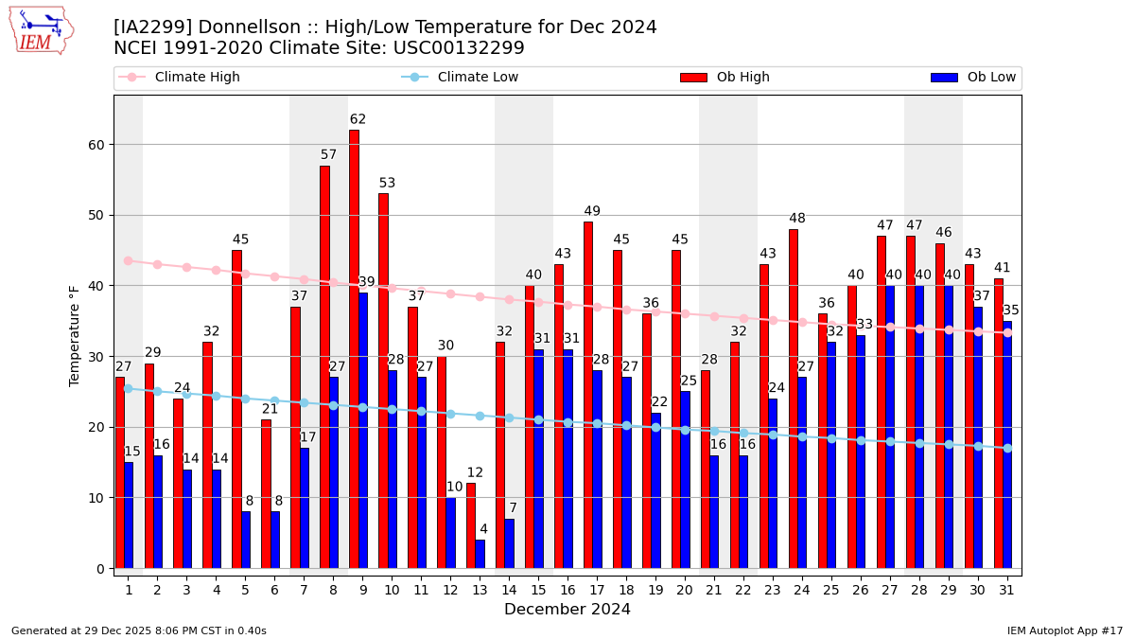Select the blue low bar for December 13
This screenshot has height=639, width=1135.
point(480,554)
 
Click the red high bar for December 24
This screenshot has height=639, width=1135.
point(793,399)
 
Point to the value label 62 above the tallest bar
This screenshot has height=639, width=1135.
point(358,120)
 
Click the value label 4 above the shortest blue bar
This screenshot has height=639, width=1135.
point(483,529)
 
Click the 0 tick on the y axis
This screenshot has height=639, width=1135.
point(99,568)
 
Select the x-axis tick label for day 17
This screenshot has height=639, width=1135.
point(597,589)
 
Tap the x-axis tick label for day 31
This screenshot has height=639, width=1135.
point(1006,589)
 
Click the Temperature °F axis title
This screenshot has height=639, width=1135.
point(75,335)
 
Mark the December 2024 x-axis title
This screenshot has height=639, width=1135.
point(567,610)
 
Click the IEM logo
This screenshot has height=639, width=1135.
point(41,30)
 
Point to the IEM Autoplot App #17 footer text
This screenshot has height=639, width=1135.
point(1064,630)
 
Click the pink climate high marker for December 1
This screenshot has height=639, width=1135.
point(128,260)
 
